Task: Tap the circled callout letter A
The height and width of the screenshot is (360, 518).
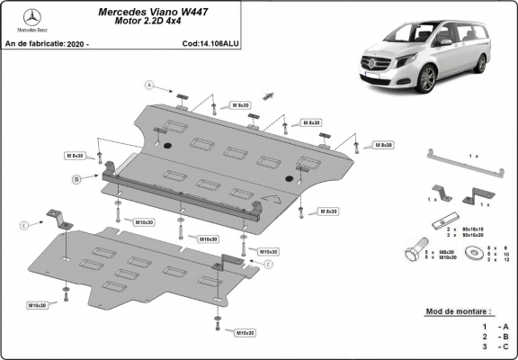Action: (x=150, y=85)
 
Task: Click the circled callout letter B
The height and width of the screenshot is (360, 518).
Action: (x=76, y=180)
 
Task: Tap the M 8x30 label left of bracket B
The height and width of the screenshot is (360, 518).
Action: (x=74, y=156)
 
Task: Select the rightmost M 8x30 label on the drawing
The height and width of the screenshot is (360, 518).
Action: (x=382, y=145)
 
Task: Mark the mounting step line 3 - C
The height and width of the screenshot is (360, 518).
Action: (x=494, y=346)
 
